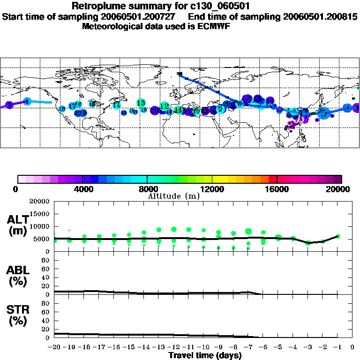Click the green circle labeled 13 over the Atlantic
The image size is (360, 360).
pyautogui.click(x=141, y=103)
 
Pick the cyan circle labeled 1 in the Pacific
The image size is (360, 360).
pyautogui.click(x=27, y=101)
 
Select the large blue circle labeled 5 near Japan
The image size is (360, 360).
pyautogui.click(x=323, y=113)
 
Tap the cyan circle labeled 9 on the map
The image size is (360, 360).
pyautogui.click(x=220, y=109)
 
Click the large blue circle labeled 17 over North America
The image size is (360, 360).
pyautogui.click(x=72, y=106)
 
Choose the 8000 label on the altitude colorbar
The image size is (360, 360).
pyautogui.click(x=147, y=189)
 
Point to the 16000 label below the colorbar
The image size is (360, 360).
pyautogui.click(x=277, y=189)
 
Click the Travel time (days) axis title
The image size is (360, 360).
pyautogui.click(x=205, y=355)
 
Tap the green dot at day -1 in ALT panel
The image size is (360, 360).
pyautogui.click(x=338, y=236)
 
